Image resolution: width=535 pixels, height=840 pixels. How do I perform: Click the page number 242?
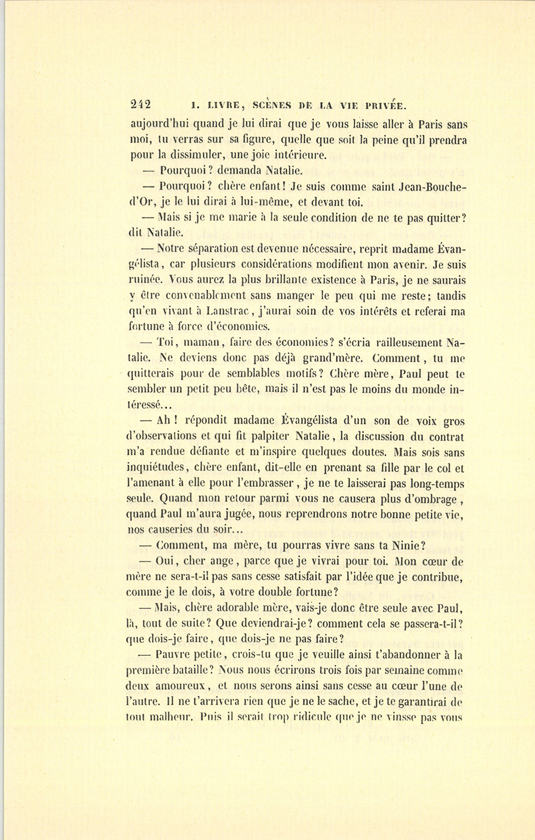click(141, 105)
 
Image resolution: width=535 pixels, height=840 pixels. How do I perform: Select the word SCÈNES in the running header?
click(272, 105)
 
